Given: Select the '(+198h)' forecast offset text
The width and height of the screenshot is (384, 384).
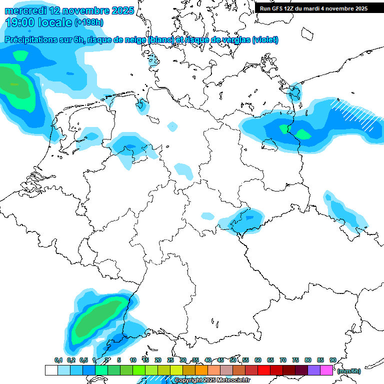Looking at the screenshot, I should [89, 22].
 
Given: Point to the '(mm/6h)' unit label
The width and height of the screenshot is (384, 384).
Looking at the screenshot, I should [348, 371].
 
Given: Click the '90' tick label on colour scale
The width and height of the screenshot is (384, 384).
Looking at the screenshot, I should [332, 360].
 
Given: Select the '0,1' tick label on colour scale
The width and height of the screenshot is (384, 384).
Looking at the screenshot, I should [58, 360].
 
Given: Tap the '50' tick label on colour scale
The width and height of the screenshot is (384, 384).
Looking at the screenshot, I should [233, 360].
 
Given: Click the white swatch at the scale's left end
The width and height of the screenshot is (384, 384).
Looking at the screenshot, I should [51, 370].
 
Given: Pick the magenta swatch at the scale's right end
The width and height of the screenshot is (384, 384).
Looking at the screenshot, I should [326, 370].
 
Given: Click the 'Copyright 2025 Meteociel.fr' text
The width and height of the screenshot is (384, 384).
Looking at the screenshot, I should [212, 380].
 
